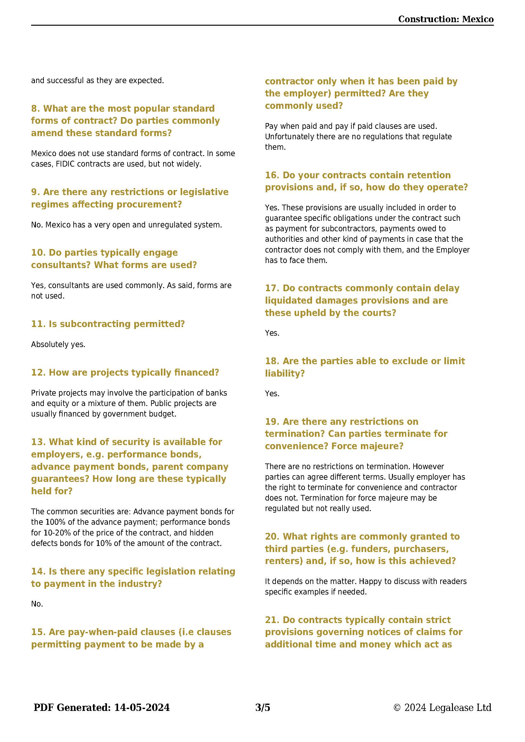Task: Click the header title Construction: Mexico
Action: pos(445,19)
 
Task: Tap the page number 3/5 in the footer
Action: pos(262,707)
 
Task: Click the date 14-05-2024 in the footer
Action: pos(142,707)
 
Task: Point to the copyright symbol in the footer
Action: pos(397,708)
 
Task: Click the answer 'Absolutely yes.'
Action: pos(58,345)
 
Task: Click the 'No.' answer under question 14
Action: pos(37,604)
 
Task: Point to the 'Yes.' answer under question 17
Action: pos(272,333)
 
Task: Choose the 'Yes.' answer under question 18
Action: pos(272,394)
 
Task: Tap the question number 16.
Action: pos(272,175)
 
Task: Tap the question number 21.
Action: pos(272,620)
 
